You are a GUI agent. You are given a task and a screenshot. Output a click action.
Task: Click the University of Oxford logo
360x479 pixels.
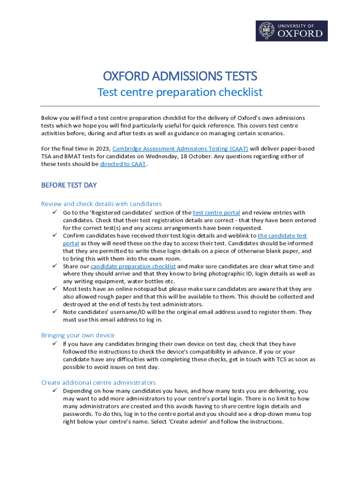pyautogui.click(x=291, y=30)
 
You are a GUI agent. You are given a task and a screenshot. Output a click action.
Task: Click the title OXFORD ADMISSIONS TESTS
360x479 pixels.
pyautogui.click(x=180, y=76)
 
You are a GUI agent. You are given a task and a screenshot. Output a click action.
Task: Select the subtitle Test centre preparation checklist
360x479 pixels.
pyautogui.click(x=180, y=92)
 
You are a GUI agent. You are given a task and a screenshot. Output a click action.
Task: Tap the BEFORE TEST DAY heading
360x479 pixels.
pyautogui.click(x=69, y=185)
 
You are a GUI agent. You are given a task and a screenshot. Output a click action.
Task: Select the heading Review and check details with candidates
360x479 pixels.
pyautogui.click(x=101, y=204)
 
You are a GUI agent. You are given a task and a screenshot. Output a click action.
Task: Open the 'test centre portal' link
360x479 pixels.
pyautogui.click(x=216, y=213)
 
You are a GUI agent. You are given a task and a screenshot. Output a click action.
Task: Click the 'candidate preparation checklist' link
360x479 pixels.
pyautogui.click(x=133, y=266)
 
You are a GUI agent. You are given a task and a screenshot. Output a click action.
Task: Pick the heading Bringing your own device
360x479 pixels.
pyautogui.click(x=78, y=335)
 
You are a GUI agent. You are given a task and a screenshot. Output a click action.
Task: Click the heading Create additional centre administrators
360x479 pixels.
pyautogui.click(x=98, y=383)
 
